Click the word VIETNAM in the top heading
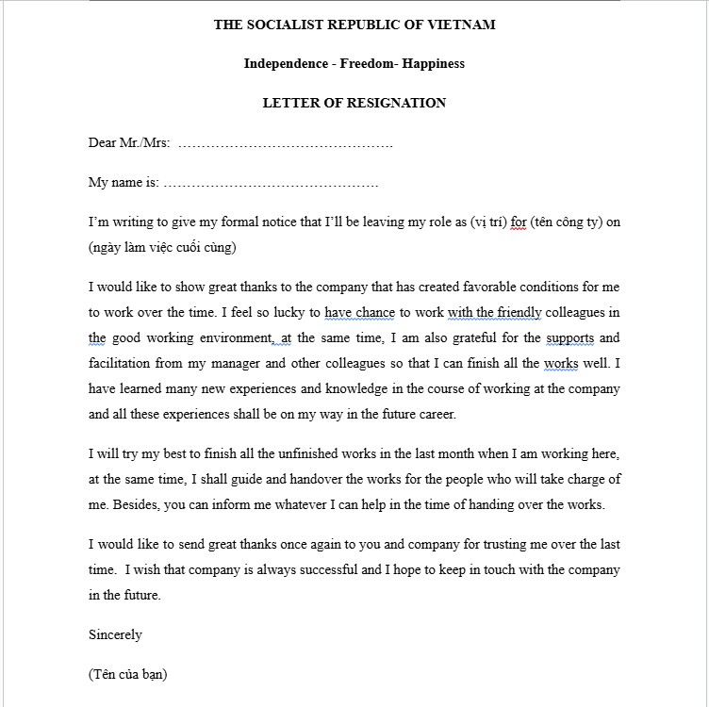coord(461,25)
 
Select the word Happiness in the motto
coord(433,64)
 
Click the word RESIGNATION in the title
coord(401,103)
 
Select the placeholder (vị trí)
coord(486,222)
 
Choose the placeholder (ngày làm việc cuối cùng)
coord(161,248)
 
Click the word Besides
coord(136,504)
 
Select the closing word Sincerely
coord(115,634)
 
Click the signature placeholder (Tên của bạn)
coord(128,674)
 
